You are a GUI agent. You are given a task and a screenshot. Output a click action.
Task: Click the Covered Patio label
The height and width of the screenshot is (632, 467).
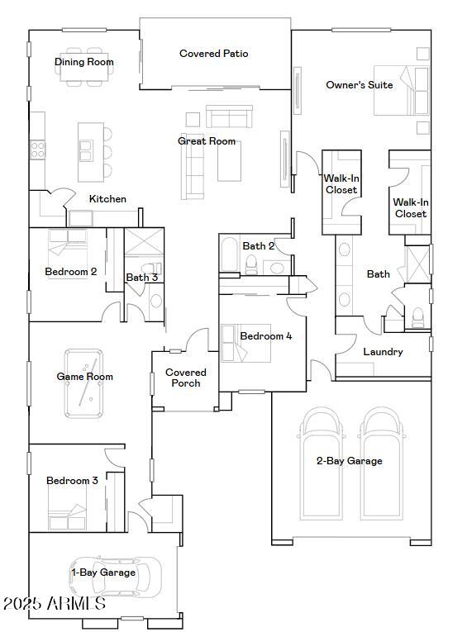[214, 54]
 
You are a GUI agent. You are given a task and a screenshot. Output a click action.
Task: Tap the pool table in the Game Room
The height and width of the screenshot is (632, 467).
[83, 383]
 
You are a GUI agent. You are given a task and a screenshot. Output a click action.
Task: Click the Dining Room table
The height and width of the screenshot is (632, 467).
[83, 67]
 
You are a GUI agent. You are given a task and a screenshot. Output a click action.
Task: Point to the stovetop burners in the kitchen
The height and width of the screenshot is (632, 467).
[37, 150]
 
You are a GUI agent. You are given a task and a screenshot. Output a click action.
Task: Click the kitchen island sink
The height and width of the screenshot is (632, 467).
[85, 150]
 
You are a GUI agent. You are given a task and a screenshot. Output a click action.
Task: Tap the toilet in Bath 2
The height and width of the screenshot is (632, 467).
[251, 264]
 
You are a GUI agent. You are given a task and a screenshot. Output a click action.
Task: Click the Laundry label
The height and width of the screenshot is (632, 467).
[383, 352]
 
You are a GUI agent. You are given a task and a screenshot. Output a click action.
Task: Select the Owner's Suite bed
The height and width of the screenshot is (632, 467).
[401, 91]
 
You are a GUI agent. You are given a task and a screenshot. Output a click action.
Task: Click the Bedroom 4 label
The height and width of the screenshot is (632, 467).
[266, 335]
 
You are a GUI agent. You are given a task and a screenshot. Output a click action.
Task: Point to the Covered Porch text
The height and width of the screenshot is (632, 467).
[185, 378]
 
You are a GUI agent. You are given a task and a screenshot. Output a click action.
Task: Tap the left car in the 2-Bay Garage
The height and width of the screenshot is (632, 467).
[321, 463]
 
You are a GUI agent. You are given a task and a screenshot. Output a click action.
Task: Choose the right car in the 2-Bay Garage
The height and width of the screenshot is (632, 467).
[383, 463]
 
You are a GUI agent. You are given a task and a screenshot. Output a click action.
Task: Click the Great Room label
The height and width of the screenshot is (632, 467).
[207, 141]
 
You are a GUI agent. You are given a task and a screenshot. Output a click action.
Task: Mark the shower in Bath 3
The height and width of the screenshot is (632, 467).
[144, 242]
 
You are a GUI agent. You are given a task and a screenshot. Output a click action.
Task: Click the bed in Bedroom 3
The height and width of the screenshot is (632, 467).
[67, 508]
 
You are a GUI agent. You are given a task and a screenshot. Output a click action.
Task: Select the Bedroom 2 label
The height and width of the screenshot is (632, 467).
[70, 272]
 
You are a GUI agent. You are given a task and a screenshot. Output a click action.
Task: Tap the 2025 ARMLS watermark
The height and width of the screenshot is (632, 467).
[55, 603]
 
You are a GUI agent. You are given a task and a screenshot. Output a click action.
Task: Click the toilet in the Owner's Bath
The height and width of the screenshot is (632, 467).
[417, 316]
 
